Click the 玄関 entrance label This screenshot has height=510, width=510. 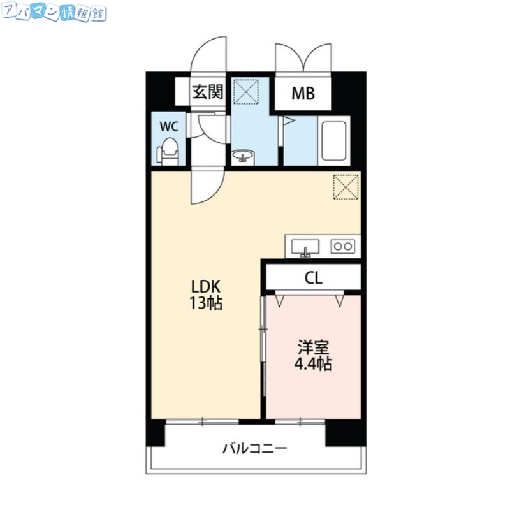(x=208, y=92)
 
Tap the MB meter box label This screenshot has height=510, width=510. (x=303, y=94)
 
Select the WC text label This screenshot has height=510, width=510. (x=168, y=126)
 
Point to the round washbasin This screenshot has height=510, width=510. (x=242, y=156)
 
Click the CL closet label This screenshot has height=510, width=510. (x=313, y=278)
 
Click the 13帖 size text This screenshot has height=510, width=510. (x=205, y=304)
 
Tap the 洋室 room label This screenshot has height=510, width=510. (x=312, y=348)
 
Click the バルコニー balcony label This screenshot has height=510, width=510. (x=255, y=447)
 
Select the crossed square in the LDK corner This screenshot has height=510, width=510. (x=346, y=187)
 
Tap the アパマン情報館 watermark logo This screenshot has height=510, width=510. (x=55, y=13)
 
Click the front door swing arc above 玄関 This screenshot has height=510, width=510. (x=209, y=54)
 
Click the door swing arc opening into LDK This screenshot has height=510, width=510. (x=205, y=188)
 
